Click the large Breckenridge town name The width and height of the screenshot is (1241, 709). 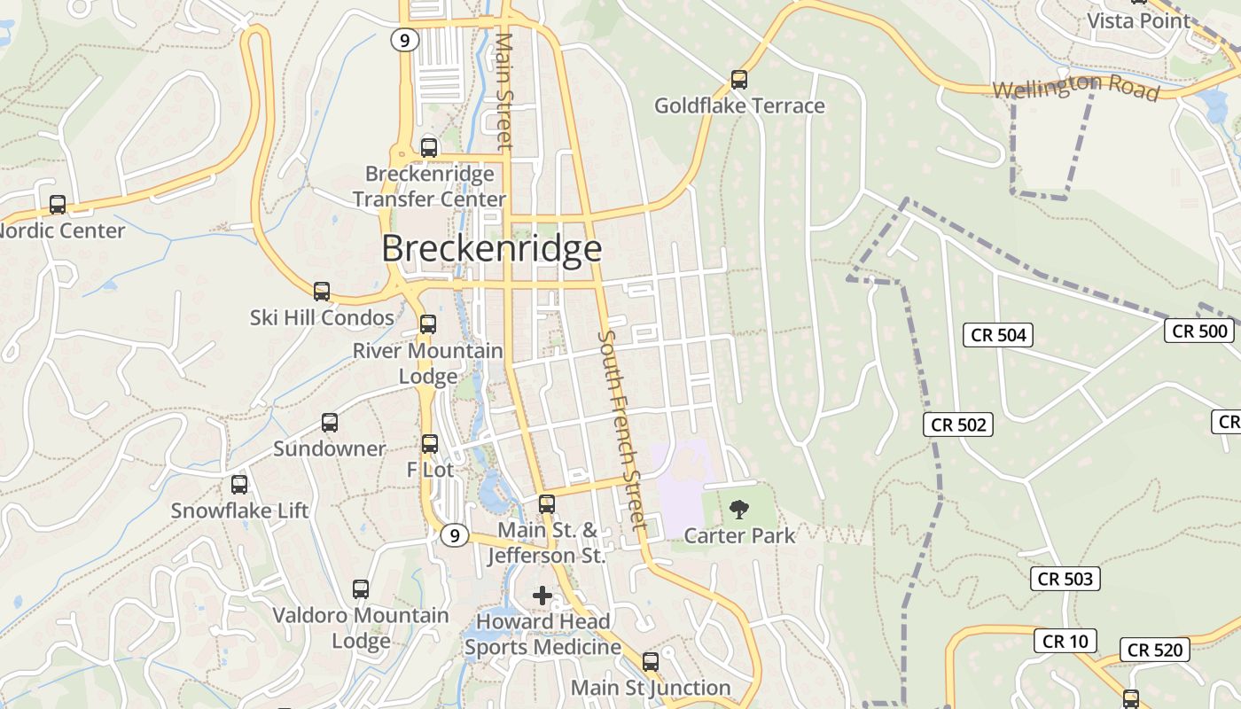pos(492,248)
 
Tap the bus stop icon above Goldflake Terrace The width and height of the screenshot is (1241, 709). pos(739,80)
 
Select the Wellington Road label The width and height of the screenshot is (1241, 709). pos(1075,87)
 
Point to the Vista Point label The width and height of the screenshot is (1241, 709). pos(1138,20)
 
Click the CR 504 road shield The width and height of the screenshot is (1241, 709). pos(998,335)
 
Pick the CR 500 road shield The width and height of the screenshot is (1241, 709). pos(1199,331)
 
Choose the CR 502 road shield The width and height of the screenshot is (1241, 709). pos(959,425)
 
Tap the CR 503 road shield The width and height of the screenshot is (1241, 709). pos(1065,580)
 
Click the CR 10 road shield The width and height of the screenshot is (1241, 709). pos(1065,641)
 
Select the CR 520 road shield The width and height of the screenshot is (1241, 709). pos(1155,651)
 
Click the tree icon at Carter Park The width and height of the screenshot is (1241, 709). pos(738,509)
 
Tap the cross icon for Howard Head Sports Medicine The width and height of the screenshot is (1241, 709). pos(542,596)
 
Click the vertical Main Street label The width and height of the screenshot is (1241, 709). pos(504,91)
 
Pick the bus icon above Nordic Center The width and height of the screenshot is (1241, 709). pos(58,205)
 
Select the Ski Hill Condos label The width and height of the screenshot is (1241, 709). pos(322,317)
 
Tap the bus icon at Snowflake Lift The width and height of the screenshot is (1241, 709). pos(239,485)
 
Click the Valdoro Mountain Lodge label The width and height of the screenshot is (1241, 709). pos(361,627)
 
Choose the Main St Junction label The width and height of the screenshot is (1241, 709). pos(651,688)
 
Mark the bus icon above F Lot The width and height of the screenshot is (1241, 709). pos(430,444)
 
